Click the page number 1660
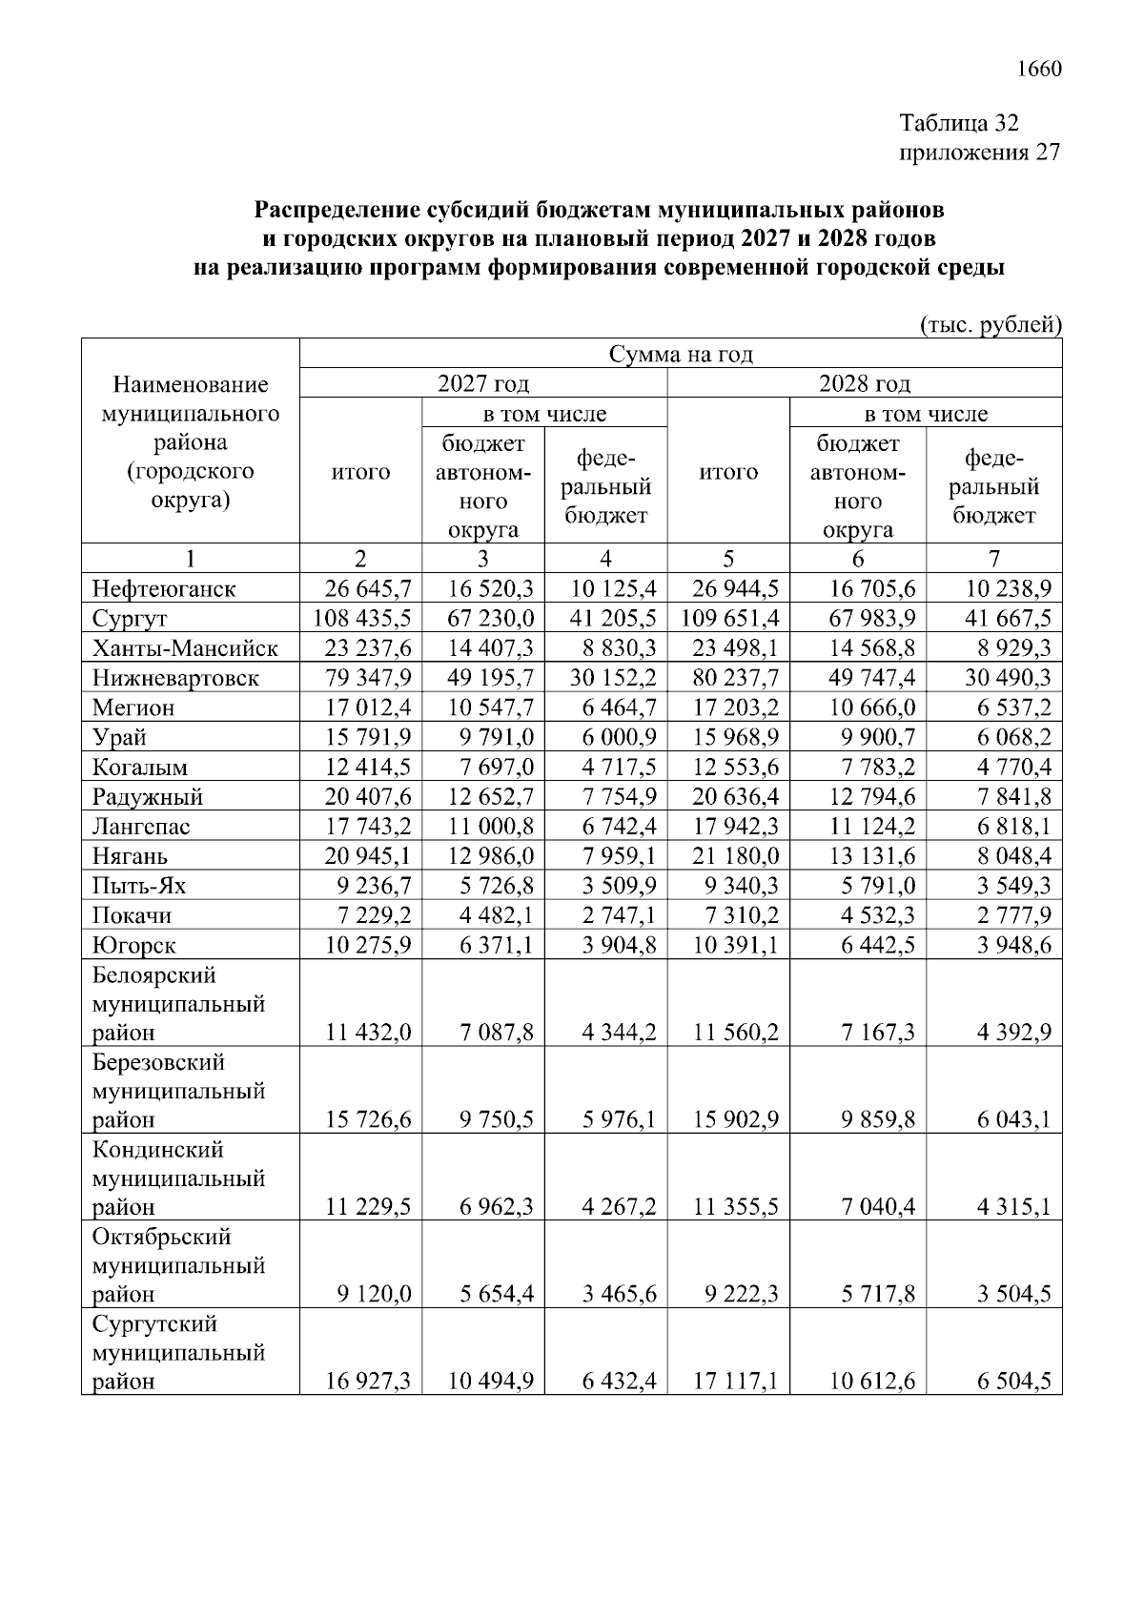[1039, 70]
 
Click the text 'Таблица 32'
[959, 123]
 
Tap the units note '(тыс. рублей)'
[991, 325]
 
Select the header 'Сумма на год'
[681, 355]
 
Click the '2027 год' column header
[483, 384]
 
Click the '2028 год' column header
[864, 384]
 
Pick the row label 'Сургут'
[130, 619]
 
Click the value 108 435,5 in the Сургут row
[362, 619]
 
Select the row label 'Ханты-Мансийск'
[185, 648]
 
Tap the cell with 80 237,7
[730, 678]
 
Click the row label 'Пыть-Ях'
[139, 886]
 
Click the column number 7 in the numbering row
[993, 559]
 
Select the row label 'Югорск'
[134, 945]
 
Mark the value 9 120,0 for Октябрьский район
[373, 1294]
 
